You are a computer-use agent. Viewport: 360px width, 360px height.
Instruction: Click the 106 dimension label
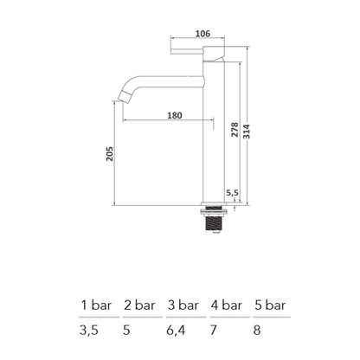click(202, 33)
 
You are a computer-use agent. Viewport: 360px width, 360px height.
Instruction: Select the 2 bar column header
click(139, 305)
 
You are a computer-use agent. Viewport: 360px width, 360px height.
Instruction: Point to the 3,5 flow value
click(90, 329)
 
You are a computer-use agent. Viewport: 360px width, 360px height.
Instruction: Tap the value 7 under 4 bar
click(215, 329)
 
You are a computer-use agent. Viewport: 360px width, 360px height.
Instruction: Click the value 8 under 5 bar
click(257, 329)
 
